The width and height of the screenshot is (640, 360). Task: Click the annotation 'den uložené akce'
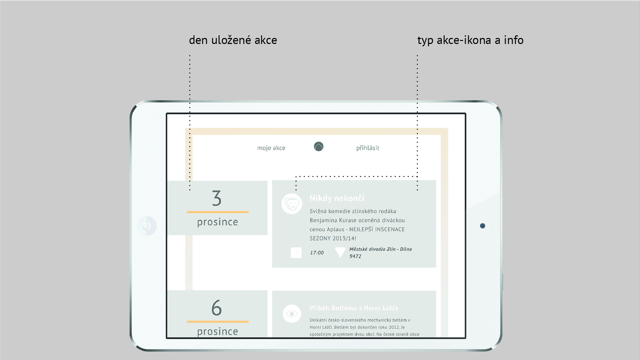pyautogui.click(x=233, y=40)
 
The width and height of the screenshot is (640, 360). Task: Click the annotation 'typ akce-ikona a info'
pyautogui.click(x=470, y=40)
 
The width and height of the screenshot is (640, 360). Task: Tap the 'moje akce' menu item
pyautogui.click(x=271, y=148)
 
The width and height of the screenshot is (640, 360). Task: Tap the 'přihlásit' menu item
pyautogui.click(x=367, y=148)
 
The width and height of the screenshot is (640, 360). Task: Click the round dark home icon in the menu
pyautogui.click(x=319, y=147)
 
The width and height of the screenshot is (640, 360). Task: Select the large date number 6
pyautogui.click(x=217, y=307)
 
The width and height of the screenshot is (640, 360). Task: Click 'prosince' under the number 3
pyautogui.click(x=218, y=222)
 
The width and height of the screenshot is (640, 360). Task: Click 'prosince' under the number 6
pyautogui.click(x=218, y=332)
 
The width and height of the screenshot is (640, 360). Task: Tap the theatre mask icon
pyautogui.click(x=292, y=203)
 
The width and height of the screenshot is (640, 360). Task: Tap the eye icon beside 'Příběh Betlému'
pyautogui.click(x=292, y=314)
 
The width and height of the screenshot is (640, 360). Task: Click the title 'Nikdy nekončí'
pyautogui.click(x=337, y=198)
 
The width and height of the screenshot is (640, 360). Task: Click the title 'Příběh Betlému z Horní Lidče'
pyautogui.click(x=354, y=308)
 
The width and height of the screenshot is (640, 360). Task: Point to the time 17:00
pyautogui.click(x=317, y=253)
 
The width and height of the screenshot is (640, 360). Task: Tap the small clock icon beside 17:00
pyautogui.click(x=296, y=253)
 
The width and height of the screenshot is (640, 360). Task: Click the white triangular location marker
pyautogui.click(x=340, y=252)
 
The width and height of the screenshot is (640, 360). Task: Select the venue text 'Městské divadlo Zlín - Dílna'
pyautogui.click(x=380, y=249)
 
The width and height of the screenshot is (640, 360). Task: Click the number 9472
pyautogui.click(x=355, y=256)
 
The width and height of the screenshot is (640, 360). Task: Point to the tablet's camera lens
pyautogui.click(x=482, y=226)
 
